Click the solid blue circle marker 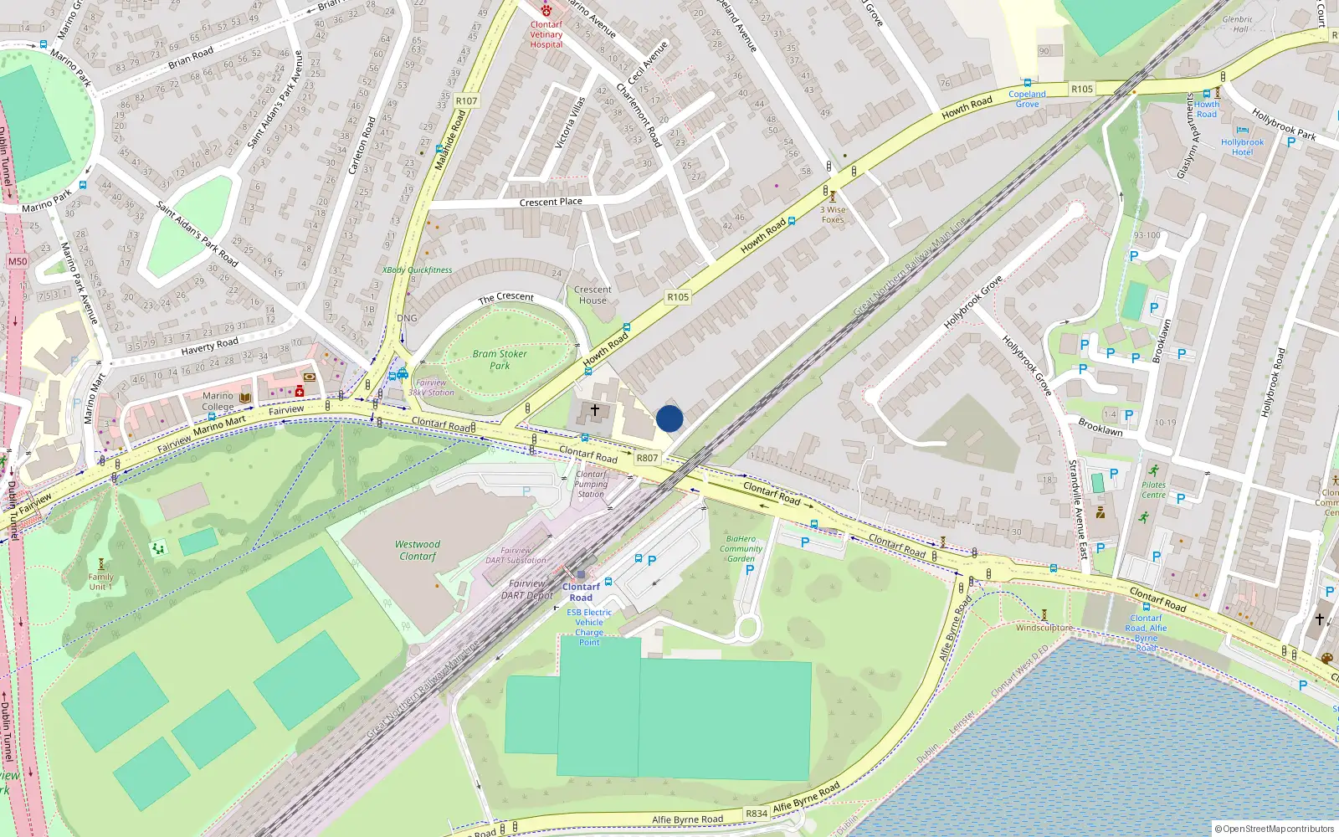(669, 418)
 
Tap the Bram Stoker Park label (500, 359)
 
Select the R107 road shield (466, 101)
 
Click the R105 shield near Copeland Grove (1082, 89)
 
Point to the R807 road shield (647, 458)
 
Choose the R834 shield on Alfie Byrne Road (757, 814)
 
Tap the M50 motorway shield (18, 261)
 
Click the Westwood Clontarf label (418, 550)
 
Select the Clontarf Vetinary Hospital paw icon (546, 10)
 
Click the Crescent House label (593, 295)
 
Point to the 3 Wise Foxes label (833, 214)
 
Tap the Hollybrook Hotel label (1242, 146)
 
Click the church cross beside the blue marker (595, 410)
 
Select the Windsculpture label (1044, 628)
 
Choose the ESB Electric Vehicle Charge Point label (589, 627)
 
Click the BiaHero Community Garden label (741, 549)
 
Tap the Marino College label (218, 401)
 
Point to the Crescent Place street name (551, 202)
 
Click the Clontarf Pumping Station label (591, 484)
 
